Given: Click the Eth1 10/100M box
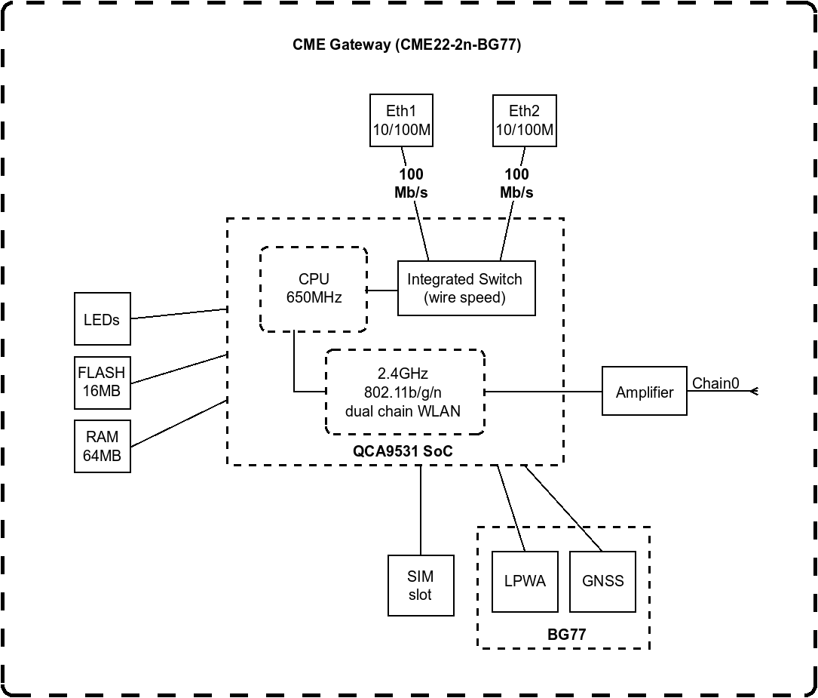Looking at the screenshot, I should pyautogui.click(x=401, y=121).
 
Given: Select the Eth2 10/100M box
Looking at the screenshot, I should pyautogui.click(x=524, y=121).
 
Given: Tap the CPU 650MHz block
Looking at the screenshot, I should pyautogui.click(x=314, y=288).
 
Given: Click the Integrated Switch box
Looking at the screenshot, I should pyautogui.click(x=466, y=288).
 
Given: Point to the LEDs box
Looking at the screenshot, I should pyautogui.click(x=102, y=320).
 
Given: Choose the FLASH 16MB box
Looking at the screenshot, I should pyautogui.click(x=102, y=382).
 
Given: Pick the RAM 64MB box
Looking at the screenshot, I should pyautogui.click(x=102, y=447).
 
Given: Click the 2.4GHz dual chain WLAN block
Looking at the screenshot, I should pyautogui.click(x=404, y=392).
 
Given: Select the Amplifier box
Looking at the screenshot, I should pyautogui.click(x=644, y=392).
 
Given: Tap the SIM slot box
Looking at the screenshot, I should pyautogui.click(x=421, y=586).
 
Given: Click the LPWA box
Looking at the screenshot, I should pyautogui.click(x=525, y=581).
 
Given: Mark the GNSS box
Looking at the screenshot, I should pyautogui.click(x=602, y=581).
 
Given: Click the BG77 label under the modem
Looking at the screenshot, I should pyautogui.click(x=566, y=635).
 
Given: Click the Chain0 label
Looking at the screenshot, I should pyautogui.click(x=715, y=383).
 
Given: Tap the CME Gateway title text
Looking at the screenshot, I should pyautogui.click(x=406, y=45).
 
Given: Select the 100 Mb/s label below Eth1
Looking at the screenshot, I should pyautogui.click(x=411, y=183).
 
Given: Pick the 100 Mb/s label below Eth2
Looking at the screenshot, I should pyautogui.click(x=516, y=183).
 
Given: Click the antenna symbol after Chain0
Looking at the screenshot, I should pyautogui.click(x=753, y=391).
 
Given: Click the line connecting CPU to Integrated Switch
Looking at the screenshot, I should pyautogui.click(x=382, y=289).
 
